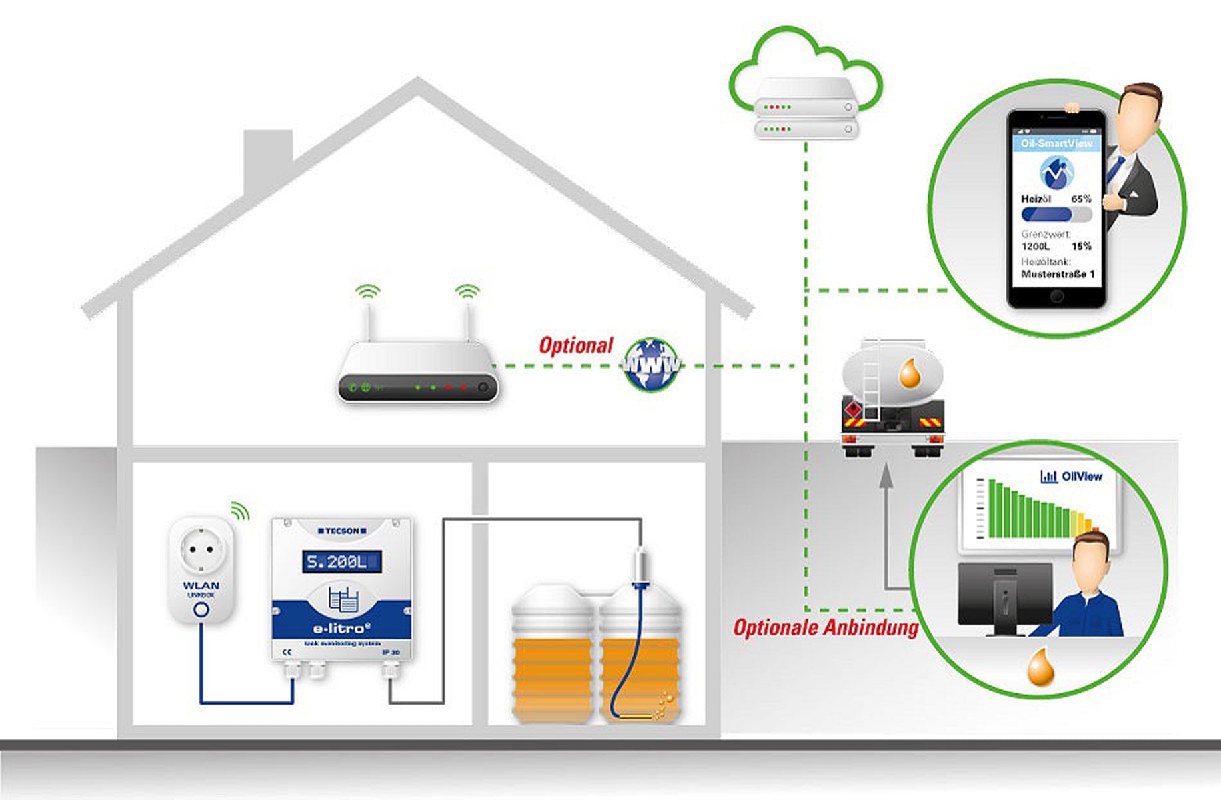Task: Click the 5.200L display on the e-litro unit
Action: (x=342, y=562)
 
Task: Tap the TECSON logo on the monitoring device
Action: (x=342, y=531)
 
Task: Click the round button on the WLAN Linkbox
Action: (x=201, y=609)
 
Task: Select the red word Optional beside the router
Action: (x=575, y=345)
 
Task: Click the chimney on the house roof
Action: (x=268, y=160)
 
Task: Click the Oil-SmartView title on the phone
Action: (x=1056, y=143)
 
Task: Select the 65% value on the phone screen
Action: (x=1081, y=199)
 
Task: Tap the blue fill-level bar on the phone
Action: (x=1047, y=215)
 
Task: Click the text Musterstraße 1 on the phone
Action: (x=1058, y=274)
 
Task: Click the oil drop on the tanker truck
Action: (x=910, y=373)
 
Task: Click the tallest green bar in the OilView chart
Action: (x=992, y=508)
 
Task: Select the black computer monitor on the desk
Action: (x=1004, y=593)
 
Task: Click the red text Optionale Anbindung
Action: (x=825, y=627)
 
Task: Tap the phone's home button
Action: (x=1056, y=297)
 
